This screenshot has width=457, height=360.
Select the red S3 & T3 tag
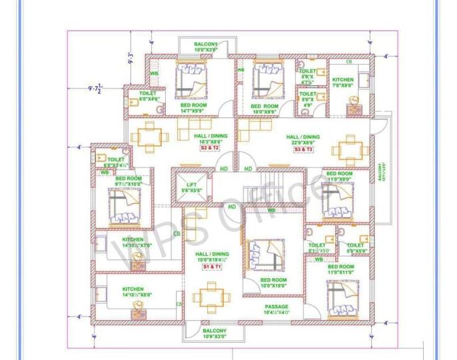[x=303, y=150]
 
